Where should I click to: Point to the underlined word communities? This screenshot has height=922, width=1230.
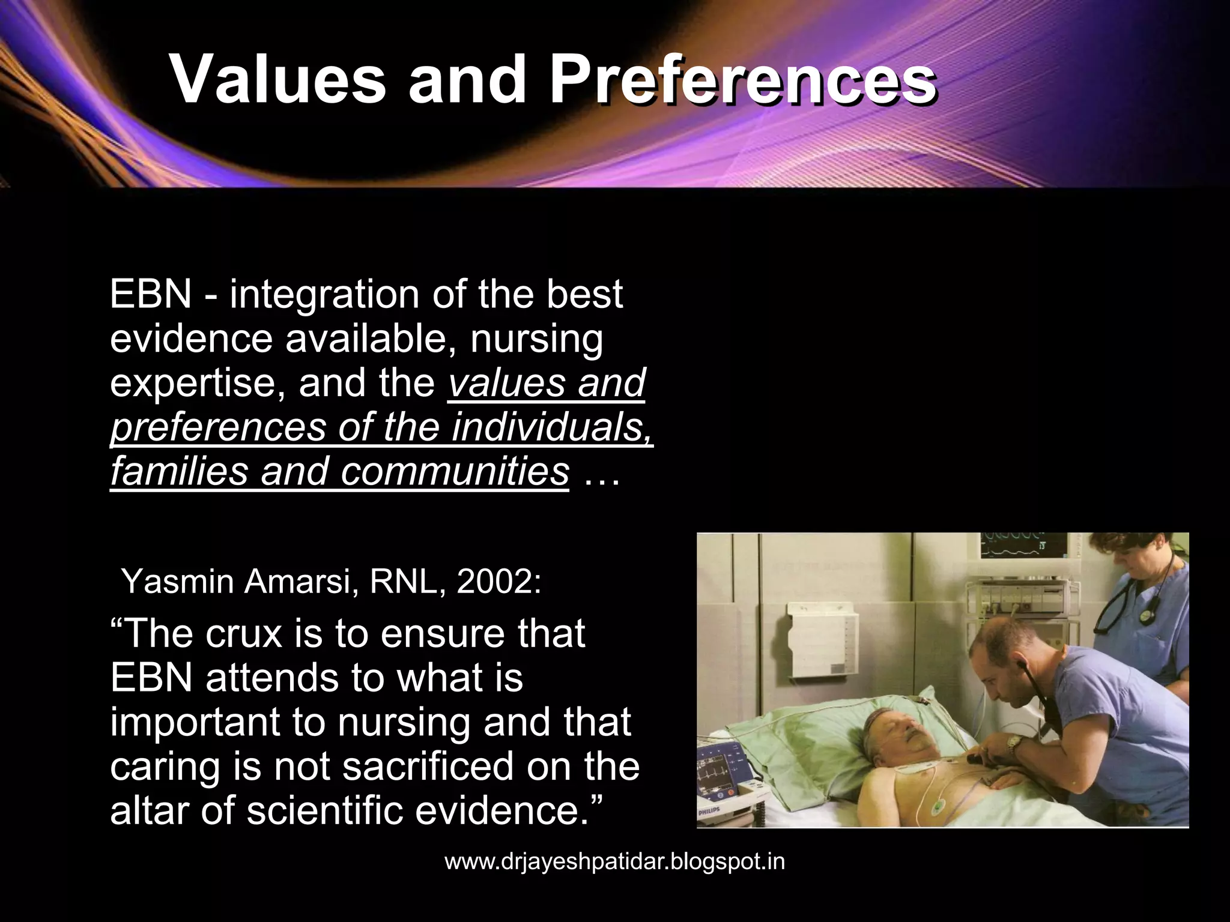(x=455, y=471)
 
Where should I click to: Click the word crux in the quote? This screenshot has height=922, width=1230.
(x=243, y=634)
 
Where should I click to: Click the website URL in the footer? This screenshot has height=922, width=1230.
(x=614, y=861)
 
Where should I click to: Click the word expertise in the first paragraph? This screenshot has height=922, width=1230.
(x=196, y=383)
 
